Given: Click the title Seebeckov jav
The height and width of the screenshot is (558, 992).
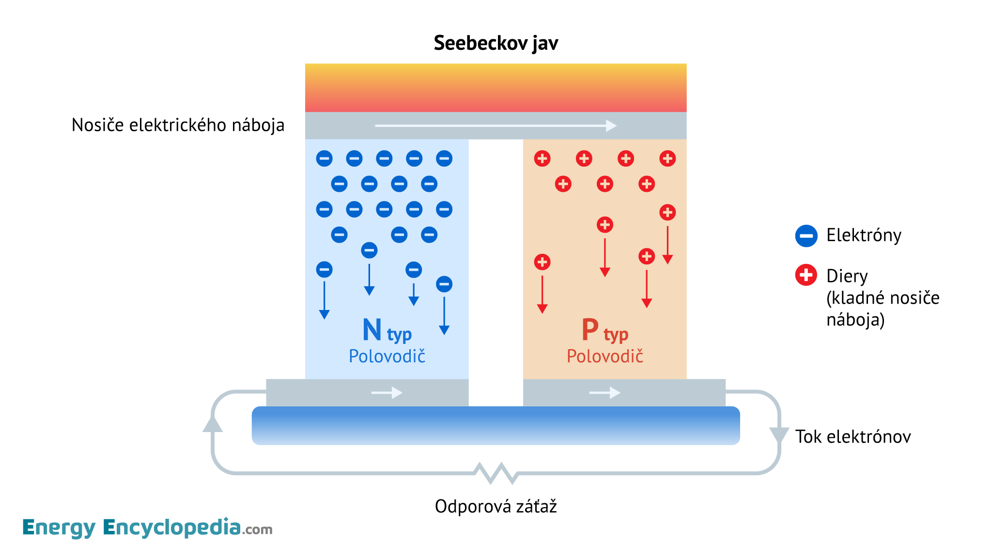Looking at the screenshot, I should click(496, 43).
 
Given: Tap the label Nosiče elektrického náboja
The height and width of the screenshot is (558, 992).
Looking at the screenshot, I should click(178, 125).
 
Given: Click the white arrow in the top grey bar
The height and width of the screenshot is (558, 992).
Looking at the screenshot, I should click(496, 126).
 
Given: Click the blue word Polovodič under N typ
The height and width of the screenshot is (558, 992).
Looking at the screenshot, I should click(387, 356).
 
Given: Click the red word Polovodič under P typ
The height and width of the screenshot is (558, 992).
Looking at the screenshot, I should click(605, 356).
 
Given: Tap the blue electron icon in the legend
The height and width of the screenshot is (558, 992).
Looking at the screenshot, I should click(806, 236).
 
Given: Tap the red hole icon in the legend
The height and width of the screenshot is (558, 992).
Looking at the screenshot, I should click(806, 275).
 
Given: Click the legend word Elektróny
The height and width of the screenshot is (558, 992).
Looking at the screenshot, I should click(864, 235).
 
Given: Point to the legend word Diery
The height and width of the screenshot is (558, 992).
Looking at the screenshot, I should click(847, 276).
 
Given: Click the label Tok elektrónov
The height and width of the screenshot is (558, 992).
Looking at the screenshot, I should click(853, 437).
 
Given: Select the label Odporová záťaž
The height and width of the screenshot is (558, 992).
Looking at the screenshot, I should click(496, 507).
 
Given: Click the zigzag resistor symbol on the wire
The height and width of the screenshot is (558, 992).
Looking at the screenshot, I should click(496, 473).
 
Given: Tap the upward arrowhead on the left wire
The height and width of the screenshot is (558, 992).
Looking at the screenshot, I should click(213, 424).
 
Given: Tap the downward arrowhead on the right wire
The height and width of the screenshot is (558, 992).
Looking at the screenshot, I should click(779, 434).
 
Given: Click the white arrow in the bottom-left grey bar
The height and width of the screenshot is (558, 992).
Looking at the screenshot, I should click(387, 392).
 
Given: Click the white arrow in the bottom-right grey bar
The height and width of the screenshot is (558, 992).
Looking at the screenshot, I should click(604, 392).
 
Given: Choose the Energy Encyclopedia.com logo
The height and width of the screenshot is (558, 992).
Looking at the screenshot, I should click(147, 527).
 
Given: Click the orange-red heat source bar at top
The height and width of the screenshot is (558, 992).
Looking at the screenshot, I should click(496, 88).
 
